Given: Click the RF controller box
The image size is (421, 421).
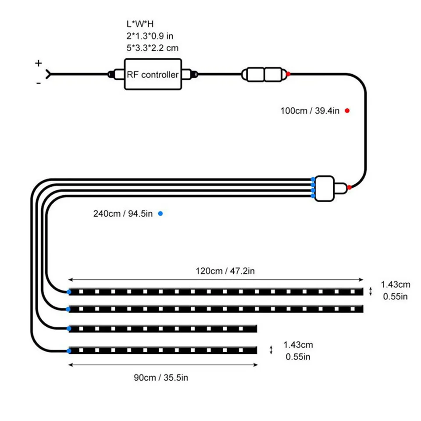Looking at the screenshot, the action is click(153, 74).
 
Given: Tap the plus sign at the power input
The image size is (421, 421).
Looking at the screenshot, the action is click(39, 63).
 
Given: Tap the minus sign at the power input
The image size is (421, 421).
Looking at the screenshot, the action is click(39, 83).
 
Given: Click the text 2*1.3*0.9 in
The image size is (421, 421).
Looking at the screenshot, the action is click(150, 36).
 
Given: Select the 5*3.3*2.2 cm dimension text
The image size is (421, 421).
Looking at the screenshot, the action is click(153, 48).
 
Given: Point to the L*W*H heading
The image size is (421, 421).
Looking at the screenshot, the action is click(140, 24).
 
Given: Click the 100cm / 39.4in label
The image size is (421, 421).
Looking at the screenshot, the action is click(310, 111).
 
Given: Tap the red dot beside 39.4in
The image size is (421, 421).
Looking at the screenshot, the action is click(347, 111).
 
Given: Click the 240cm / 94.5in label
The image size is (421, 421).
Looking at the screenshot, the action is click(123, 214).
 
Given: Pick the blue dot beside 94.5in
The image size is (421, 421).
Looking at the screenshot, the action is click(161, 214).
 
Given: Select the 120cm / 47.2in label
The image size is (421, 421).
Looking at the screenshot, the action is click(225, 271).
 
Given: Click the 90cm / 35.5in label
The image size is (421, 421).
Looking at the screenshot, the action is click(161, 378).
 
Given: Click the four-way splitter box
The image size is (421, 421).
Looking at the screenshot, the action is click(325, 189).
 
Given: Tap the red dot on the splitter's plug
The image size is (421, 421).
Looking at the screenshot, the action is click(350, 187).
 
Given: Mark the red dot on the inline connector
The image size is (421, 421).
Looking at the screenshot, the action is click(288, 74).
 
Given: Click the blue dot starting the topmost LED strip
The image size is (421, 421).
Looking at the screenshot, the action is click(69, 292).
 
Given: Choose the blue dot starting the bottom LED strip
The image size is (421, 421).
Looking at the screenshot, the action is click(69, 351).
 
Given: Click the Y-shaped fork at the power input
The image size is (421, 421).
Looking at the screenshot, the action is click(48, 74).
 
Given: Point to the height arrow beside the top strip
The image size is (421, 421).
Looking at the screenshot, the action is click(371, 291).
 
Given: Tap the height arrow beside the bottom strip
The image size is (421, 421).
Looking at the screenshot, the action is click(271, 350).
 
